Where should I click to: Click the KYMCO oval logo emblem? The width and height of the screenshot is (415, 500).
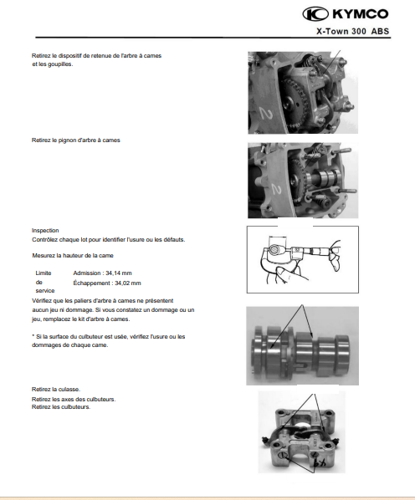click(315, 14)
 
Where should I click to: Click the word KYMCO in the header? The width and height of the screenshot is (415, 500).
click(361, 14)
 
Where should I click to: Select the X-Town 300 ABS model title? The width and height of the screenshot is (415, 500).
click(352, 31)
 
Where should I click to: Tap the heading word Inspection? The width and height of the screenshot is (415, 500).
click(45, 231)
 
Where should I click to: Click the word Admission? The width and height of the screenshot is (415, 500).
click(87, 273)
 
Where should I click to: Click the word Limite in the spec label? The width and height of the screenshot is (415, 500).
click(44, 273)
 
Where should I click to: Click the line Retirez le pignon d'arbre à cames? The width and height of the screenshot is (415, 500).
click(76, 140)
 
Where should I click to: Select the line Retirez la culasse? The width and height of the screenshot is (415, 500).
click(56, 390)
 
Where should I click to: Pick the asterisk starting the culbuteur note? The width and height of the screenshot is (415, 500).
click(33, 336)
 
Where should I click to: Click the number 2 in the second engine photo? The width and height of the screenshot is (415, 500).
click(276, 190)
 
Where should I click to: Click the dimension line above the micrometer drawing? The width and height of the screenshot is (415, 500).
click(278, 237)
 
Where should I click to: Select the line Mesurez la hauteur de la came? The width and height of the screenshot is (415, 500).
click(73, 256)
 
